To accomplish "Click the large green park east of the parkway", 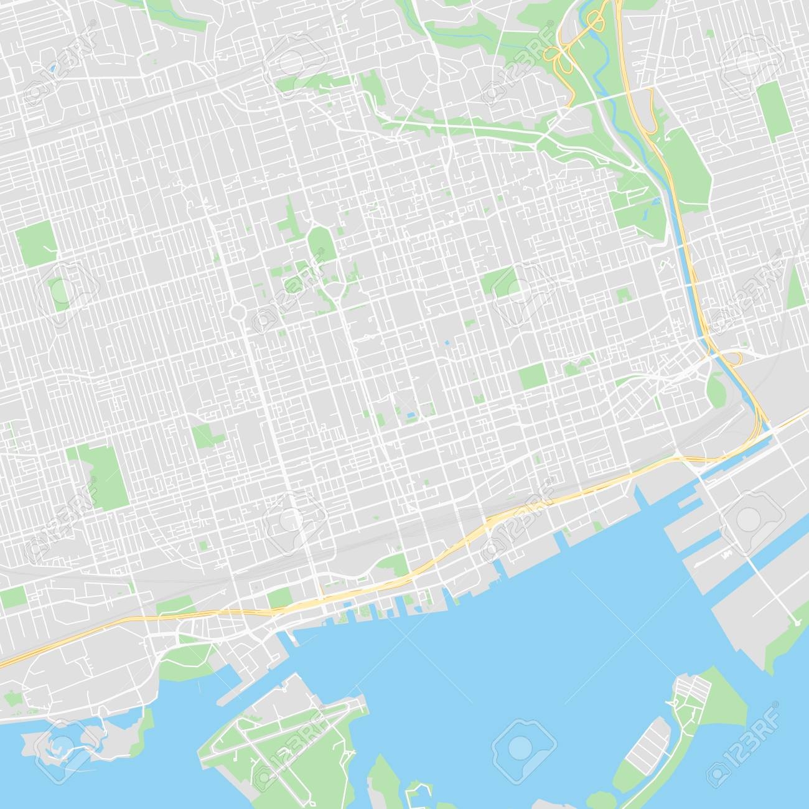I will [x=688, y=168].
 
